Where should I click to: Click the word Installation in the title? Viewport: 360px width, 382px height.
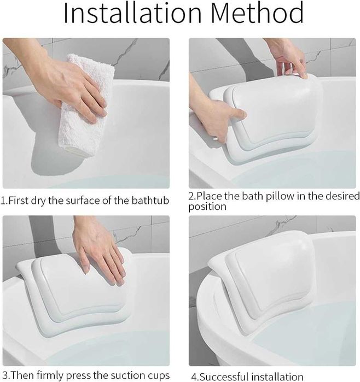point(132,13)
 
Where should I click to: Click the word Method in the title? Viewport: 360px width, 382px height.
point(257,13)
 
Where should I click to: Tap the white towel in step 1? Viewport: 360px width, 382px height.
point(85,105)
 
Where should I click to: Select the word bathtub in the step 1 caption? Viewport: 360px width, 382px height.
point(150,201)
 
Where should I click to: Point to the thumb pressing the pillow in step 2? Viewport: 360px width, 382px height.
point(238,114)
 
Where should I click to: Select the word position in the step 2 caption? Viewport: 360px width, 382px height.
point(207,207)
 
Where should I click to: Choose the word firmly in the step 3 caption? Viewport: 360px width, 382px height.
point(51,375)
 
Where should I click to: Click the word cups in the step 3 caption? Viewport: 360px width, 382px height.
point(159,376)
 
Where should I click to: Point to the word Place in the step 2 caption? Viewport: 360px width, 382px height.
point(210,196)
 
